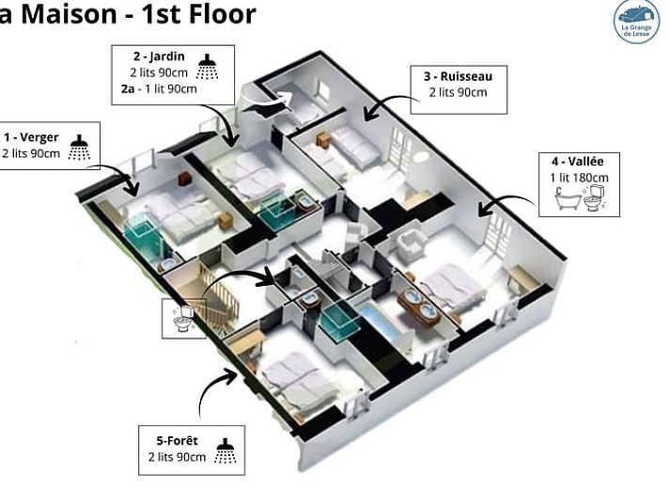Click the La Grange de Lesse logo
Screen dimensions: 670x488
click(x=636, y=21)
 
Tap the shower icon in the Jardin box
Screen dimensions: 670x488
click(x=208, y=67)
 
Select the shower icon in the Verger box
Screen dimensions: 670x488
click(x=79, y=147)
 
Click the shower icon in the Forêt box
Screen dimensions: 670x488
click(x=226, y=450)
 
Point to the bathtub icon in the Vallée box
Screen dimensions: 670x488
click(x=568, y=199)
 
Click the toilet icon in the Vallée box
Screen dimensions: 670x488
click(x=595, y=197)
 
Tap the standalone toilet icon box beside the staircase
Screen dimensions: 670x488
click(x=184, y=318)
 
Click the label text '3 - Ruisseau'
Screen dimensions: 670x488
click(x=458, y=76)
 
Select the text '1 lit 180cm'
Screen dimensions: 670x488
click(x=579, y=178)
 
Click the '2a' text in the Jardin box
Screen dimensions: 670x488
click(x=128, y=89)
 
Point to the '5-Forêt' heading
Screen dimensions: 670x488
click(x=177, y=441)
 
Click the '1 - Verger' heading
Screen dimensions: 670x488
click(x=31, y=137)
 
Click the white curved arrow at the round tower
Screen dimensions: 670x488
click(x=273, y=102)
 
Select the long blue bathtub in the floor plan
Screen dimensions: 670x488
click(x=381, y=322)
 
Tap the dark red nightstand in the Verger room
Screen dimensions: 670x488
click(x=184, y=178)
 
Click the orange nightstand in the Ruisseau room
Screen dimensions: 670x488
click(x=323, y=139)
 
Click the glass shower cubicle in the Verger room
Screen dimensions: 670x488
click(x=142, y=237)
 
